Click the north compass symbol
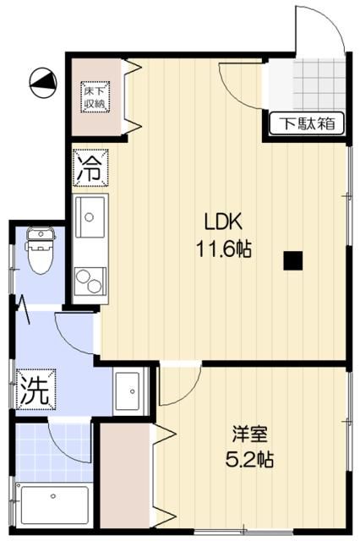point(42,81)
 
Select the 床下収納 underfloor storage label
point(94,96)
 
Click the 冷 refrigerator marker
point(90,167)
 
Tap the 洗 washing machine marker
point(35,389)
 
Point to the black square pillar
point(293,260)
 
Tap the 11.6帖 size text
point(224,249)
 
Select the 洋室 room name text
point(251,435)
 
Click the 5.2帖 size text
point(251,461)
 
